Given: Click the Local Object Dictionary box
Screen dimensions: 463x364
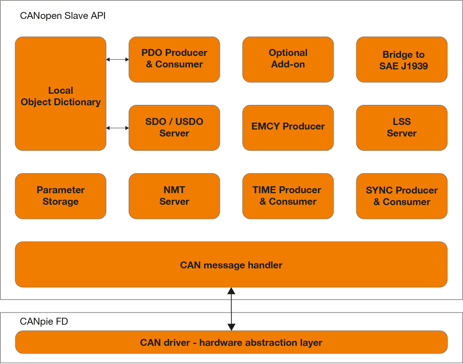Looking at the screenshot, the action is pyautogui.click(x=60, y=94).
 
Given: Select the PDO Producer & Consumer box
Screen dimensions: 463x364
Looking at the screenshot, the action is pyautogui.click(x=174, y=59).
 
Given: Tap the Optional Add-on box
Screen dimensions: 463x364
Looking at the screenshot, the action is pyautogui.click(x=288, y=59).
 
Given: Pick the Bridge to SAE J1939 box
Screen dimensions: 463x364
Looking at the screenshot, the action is pyautogui.click(x=402, y=59).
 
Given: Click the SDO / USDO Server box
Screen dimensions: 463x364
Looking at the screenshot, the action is pyautogui.click(x=174, y=128).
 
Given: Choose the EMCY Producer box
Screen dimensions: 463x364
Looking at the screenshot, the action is pyautogui.click(x=288, y=128).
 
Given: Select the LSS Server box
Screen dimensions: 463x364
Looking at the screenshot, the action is pyautogui.click(x=402, y=128).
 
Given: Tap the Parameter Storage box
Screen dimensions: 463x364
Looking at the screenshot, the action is pyautogui.click(x=60, y=196).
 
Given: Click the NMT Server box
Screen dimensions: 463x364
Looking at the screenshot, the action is pyautogui.click(x=174, y=196).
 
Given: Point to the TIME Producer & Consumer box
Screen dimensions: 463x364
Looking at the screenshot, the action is pyautogui.click(x=288, y=196).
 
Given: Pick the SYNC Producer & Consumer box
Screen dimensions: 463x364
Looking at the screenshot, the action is pyautogui.click(x=402, y=196).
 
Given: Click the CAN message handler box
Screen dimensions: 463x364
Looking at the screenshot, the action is pyautogui.click(x=231, y=265).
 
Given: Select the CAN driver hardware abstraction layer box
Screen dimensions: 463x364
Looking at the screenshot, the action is pyautogui.click(x=231, y=342).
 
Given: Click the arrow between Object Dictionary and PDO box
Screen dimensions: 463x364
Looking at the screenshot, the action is pyautogui.click(x=117, y=59).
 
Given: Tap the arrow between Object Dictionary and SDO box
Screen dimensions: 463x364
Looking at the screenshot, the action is pyautogui.click(x=117, y=128).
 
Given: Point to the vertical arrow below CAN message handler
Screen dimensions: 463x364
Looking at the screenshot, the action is pyautogui.click(x=231, y=309).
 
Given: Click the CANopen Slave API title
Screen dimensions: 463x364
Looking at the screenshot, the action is pyautogui.click(x=63, y=16).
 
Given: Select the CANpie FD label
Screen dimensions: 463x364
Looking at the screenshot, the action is pyautogui.click(x=44, y=322).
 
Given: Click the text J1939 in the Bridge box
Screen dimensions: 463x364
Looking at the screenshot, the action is pyautogui.click(x=414, y=66).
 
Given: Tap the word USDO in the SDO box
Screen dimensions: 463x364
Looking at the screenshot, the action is pyautogui.click(x=189, y=121).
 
